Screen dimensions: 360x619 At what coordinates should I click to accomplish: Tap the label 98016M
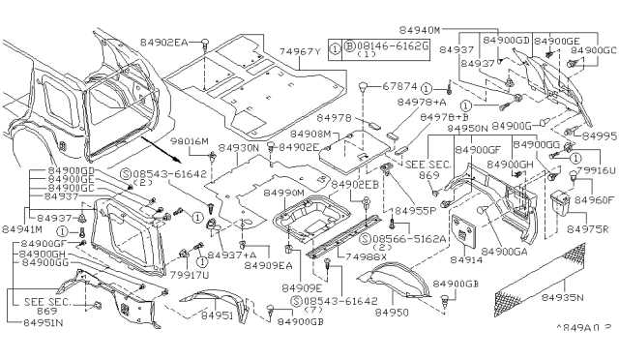[x=190, y=141]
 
